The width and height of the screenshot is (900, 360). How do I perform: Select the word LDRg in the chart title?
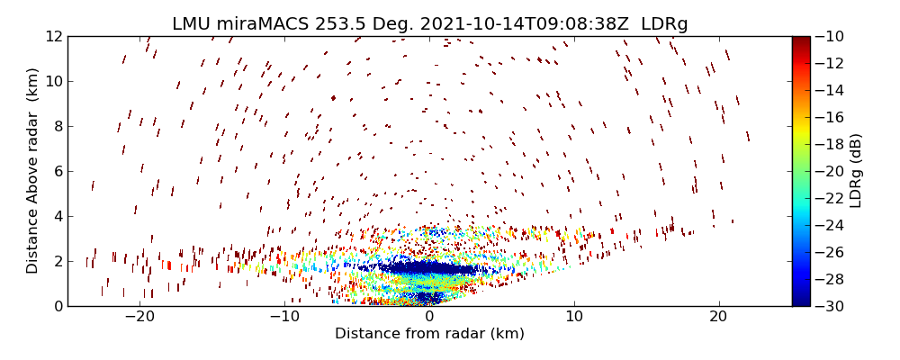pyautogui.click(x=664, y=23)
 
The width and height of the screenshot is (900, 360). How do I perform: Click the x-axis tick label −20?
pyautogui.click(x=139, y=318)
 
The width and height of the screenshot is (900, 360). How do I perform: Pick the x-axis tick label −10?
pyautogui.click(x=284, y=318)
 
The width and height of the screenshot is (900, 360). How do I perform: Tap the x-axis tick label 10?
pyautogui.click(x=574, y=318)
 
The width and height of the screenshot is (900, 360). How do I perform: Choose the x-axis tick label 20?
pyautogui.click(x=718, y=318)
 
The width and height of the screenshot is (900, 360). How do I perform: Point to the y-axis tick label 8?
pyautogui.click(x=56, y=126)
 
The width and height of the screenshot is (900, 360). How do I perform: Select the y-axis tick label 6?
pyautogui.click(x=56, y=171)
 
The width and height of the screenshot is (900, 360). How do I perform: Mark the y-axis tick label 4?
pyautogui.click(x=56, y=216)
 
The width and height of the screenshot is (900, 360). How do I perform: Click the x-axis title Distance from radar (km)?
pyautogui.click(x=429, y=334)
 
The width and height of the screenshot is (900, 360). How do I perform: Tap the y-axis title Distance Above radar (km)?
pyautogui.click(x=33, y=171)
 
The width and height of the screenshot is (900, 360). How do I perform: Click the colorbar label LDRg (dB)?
pyautogui.click(x=856, y=171)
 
